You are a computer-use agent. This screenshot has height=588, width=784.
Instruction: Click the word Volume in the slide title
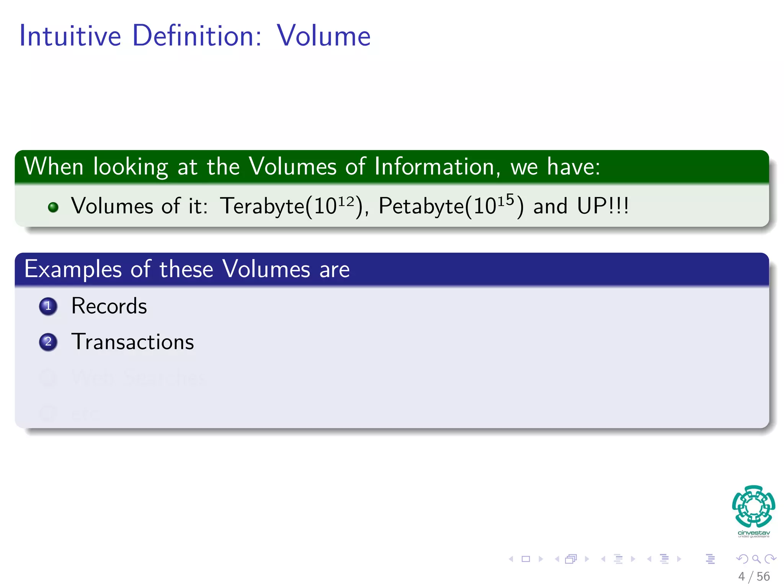[x=323, y=36]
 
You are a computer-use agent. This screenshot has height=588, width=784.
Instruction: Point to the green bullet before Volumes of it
[x=53, y=207]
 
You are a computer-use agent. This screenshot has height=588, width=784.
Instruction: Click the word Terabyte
[x=262, y=206]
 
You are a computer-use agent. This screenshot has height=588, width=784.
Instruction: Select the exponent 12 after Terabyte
[x=346, y=201]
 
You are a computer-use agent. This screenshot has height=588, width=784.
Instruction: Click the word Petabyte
[x=421, y=206]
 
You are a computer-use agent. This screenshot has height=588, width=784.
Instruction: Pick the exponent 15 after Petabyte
[x=506, y=200]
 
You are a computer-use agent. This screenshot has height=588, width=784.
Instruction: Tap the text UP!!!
[x=603, y=206]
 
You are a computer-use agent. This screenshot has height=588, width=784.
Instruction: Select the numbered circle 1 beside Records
[x=48, y=306]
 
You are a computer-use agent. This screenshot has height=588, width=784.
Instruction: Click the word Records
[x=109, y=306]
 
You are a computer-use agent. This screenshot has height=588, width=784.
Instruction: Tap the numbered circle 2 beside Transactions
[x=48, y=342]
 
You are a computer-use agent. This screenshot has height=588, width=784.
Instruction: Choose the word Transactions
[x=132, y=342]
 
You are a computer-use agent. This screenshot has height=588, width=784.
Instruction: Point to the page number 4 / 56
[x=754, y=577]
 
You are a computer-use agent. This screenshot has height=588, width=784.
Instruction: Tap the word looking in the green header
[x=131, y=167]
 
